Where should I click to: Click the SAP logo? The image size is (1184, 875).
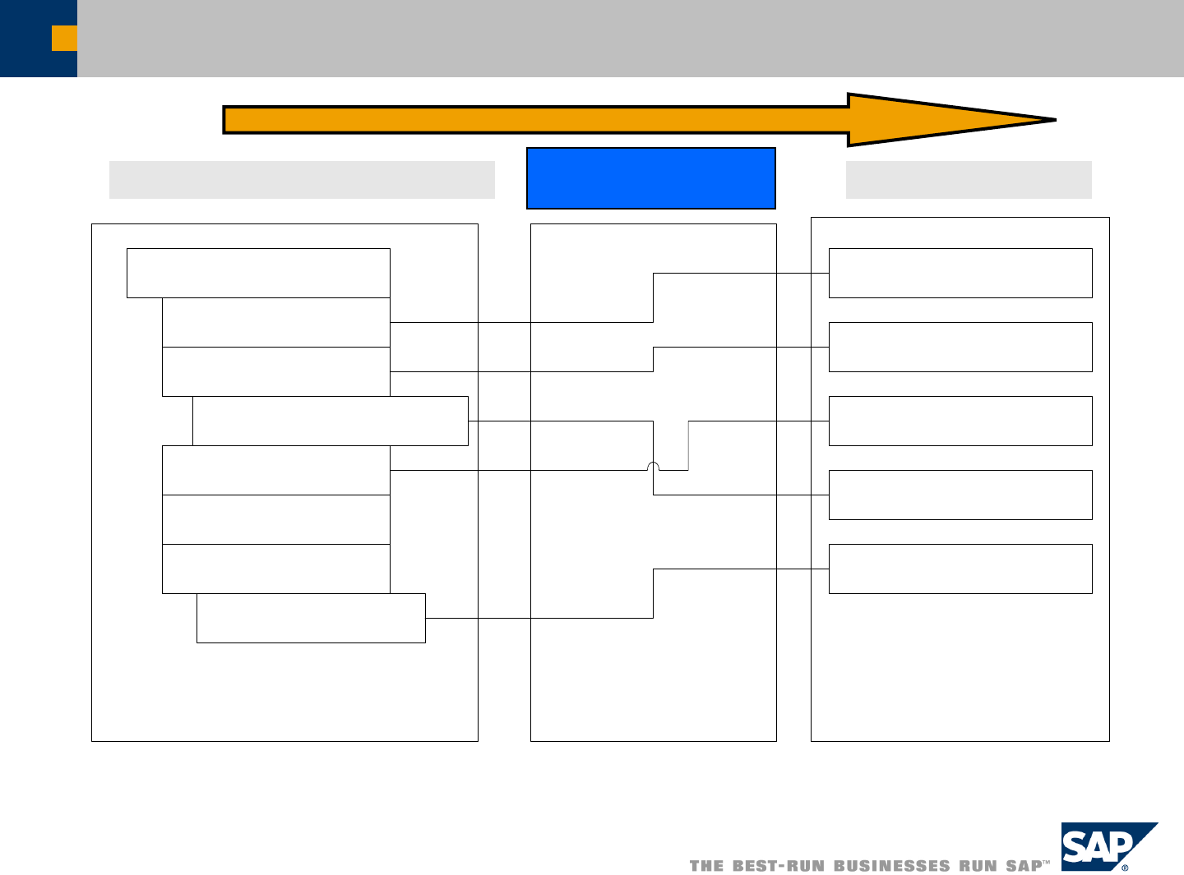coord(1102,846)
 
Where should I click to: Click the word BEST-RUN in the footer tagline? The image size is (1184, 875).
coord(778,866)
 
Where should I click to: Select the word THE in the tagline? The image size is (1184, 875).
coord(706,866)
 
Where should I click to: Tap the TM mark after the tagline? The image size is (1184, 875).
coord(1047,863)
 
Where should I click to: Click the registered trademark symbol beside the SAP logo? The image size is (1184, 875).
coord(1125,867)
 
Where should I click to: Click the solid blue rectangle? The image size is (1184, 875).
coord(650,178)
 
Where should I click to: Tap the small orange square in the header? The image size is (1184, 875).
coord(64,38)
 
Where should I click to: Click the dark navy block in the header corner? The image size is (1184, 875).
coord(25,39)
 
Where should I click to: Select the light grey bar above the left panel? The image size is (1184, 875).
coord(302,180)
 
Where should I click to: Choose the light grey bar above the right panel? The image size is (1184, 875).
coord(969,180)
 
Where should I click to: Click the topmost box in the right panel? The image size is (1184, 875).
coord(960,273)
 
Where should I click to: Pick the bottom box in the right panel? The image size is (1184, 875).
coord(960,569)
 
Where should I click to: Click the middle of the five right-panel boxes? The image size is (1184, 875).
coord(960,421)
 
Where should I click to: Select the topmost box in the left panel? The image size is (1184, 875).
coord(258,273)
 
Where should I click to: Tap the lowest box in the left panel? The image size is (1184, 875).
coord(311,618)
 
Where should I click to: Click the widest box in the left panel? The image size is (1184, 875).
coord(331,421)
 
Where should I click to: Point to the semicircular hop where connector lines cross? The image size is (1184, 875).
coord(654,466)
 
